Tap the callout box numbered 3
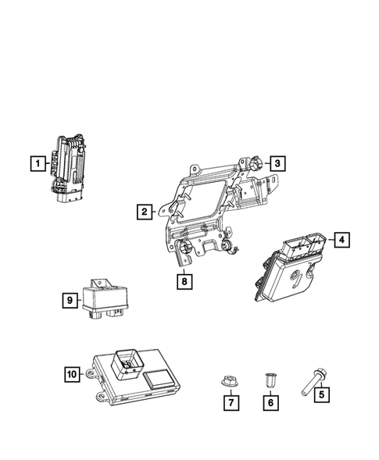[277, 163]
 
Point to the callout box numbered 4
[341, 240]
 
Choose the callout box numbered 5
[320, 395]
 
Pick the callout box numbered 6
[270, 403]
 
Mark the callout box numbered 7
[231, 403]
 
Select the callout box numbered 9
[69, 298]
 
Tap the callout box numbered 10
[71, 375]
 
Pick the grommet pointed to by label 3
[255, 164]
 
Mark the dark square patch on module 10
[160, 380]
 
